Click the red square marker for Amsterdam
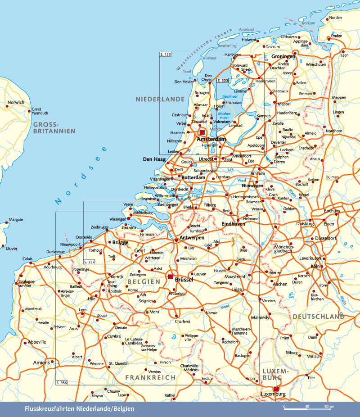[x=202, y=132]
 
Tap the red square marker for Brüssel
[x=171, y=276]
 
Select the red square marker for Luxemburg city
[x=276, y=389]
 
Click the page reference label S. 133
[x=166, y=54]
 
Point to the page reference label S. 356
[x=62, y=382]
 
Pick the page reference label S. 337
[x=90, y=262]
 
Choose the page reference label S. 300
[x=223, y=80]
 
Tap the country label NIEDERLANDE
[x=160, y=99]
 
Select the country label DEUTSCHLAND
[x=319, y=317]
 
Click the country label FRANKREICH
[x=150, y=377]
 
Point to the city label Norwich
[x=16, y=102]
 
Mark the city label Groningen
[x=283, y=57]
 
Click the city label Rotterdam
[x=193, y=177]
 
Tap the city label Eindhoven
[x=234, y=224]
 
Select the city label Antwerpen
[x=192, y=237]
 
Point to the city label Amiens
[x=41, y=363]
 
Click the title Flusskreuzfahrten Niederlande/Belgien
[x=80, y=409]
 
